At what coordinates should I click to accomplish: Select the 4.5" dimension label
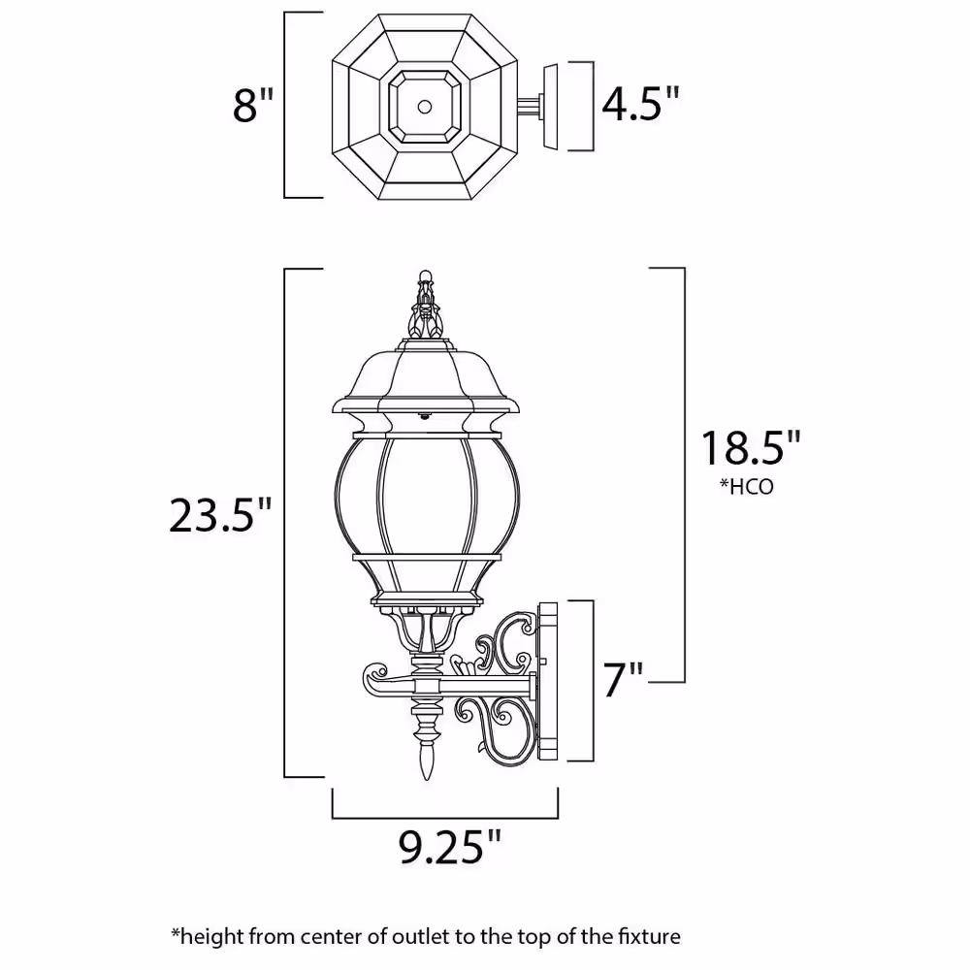click(641, 103)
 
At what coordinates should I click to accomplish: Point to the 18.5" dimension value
click(752, 448)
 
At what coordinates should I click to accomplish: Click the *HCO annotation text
click(746, 487)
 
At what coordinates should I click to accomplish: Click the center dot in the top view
click(425, 105)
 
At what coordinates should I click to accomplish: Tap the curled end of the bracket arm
click(373, 674)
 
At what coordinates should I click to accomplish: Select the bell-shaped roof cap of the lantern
click(425, 378)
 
